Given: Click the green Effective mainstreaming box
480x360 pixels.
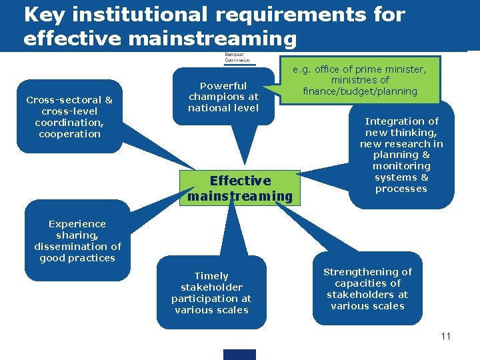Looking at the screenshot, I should (240, 188).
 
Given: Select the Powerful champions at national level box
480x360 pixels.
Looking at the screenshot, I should (223, 97).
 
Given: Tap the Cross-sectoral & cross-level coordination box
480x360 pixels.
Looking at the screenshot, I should (69, 117).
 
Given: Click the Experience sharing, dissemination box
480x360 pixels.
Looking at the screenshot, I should (77, 241).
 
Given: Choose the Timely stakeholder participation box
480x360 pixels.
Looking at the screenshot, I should (211, 293).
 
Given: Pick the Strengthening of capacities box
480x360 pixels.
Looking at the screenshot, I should (367, 289).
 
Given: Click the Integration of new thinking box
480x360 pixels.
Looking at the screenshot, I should (401, 155).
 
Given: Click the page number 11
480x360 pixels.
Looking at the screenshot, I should (446, 335).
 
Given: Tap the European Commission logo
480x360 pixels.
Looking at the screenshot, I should (236, 58).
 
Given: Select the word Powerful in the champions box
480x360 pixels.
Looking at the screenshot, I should (223, 86).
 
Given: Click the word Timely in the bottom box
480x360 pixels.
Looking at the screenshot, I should (211, 276).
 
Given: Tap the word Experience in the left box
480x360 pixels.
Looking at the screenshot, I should (77, 224).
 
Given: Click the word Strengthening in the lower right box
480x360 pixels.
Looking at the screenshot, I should (368, 271).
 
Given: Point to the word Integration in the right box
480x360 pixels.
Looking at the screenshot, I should (401, 121).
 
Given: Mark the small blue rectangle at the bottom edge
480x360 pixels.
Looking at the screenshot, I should (239, 355).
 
